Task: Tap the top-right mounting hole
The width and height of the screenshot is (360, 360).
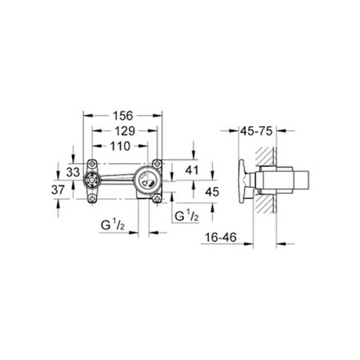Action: tap(156, 163)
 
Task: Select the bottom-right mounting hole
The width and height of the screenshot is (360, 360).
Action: tap(156, 197)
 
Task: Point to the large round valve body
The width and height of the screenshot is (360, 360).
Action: tap(148, 180)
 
